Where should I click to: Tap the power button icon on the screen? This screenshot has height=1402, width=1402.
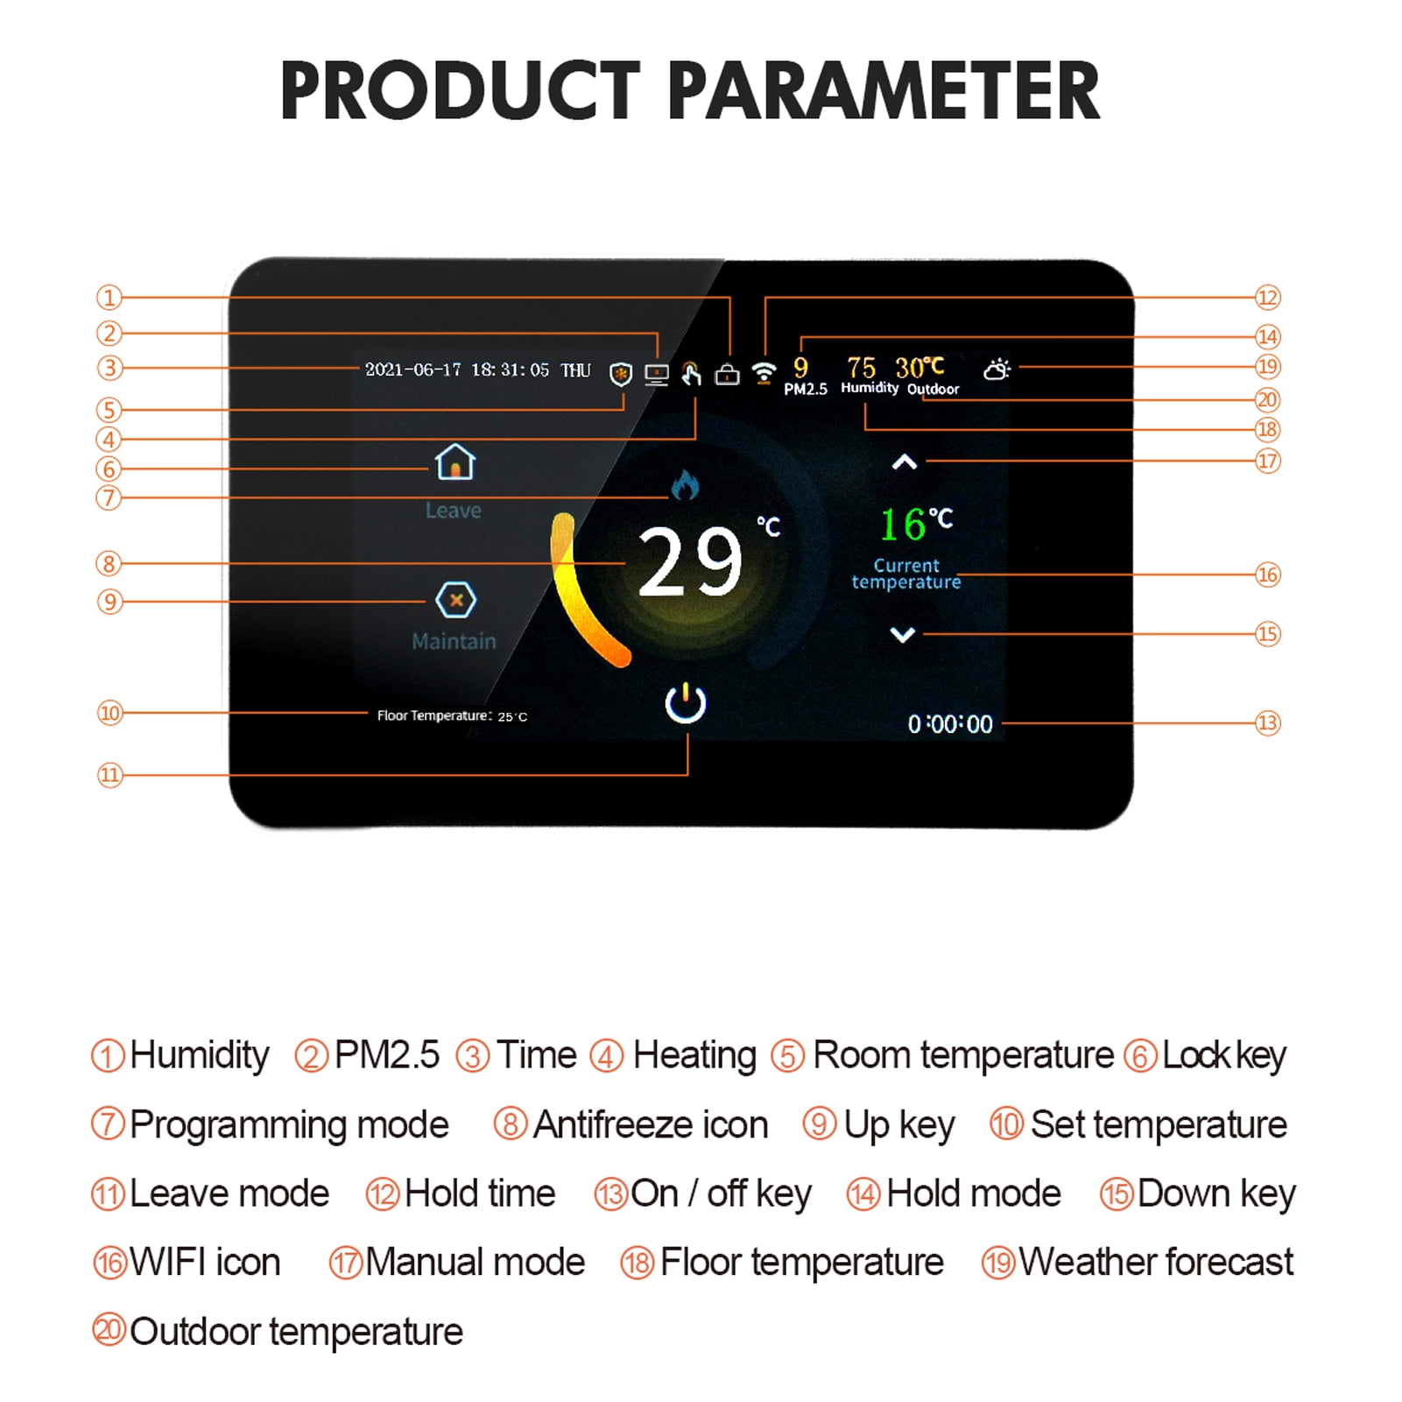tap(686, 704)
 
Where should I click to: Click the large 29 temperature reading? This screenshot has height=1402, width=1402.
tap(690, 562)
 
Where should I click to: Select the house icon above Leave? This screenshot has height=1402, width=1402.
tap(455, 462)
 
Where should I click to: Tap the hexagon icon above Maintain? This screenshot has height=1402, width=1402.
tap(455, 601)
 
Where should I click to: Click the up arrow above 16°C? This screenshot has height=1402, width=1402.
tap(905, 462)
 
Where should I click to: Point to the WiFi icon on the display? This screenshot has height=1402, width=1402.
tap(764, 373)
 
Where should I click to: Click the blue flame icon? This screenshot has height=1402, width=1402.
tap(685, 484)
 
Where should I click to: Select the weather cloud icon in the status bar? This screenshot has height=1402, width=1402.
tap(997, 370)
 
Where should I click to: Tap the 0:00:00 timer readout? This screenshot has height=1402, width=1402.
tap(950, 724)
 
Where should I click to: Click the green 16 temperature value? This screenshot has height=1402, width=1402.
tap(903, 525)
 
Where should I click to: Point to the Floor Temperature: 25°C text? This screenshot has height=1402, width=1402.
tap(452, 716)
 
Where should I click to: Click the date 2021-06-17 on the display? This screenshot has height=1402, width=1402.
tap(412, 370)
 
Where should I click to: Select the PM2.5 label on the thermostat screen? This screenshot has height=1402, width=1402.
tap(805, 390)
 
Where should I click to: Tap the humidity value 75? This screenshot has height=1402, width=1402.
tap(861, 368)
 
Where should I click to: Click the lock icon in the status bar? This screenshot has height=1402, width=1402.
tap(727, 375)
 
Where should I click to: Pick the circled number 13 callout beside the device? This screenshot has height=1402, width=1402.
tap(1268, 723)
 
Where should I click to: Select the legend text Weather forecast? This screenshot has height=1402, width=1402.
tap(1156, 1263)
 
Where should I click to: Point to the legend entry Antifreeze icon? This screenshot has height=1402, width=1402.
tap(650, 1124)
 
